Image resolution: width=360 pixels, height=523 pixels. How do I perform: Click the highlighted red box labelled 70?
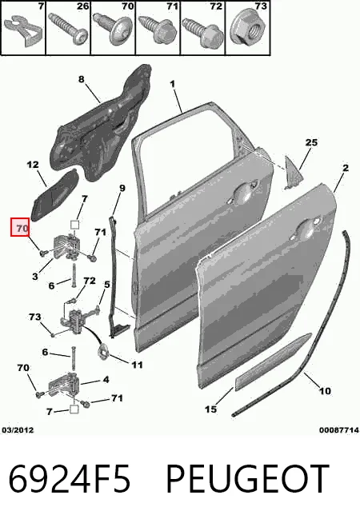point(20,227)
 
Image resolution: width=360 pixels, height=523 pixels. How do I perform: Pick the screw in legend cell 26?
point(69,28)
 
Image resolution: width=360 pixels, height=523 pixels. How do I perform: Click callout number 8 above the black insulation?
point(82,79)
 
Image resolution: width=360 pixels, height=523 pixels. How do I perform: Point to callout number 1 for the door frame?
point(173,84)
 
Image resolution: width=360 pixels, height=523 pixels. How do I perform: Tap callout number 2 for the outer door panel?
point(346,167)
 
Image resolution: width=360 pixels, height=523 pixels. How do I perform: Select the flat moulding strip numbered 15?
point(273,362)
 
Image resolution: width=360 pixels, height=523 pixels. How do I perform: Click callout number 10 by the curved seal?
point(326,390)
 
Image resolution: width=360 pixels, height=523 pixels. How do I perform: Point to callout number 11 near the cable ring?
point(137,365)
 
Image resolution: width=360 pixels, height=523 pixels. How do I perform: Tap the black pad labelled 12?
point(54,195)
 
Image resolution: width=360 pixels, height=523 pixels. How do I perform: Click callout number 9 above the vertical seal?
point(122,189)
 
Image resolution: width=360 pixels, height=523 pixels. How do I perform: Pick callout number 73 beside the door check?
point(35,317)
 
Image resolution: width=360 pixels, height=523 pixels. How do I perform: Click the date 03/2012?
point(18,430)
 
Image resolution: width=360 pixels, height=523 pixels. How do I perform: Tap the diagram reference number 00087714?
point(339,430)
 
